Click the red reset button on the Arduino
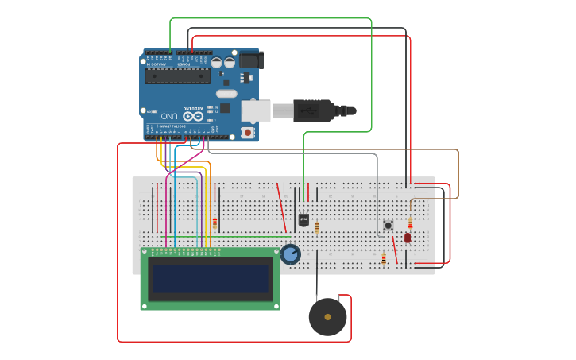[248, 133]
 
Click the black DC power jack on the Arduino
[251, 60]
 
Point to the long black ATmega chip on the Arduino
[178, 75]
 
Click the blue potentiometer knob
[290, 254]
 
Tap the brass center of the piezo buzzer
[327, 317]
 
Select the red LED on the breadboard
[408, 238]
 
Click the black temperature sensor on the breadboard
[303, 220]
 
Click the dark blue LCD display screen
[211, 278]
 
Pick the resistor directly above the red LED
[410, 223]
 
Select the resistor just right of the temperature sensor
[317, 228]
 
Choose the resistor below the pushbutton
[384, 259]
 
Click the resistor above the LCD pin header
[215, 223]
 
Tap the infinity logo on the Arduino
[189, 116]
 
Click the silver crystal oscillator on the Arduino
[226, 93]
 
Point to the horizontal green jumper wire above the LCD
[238, 236]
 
